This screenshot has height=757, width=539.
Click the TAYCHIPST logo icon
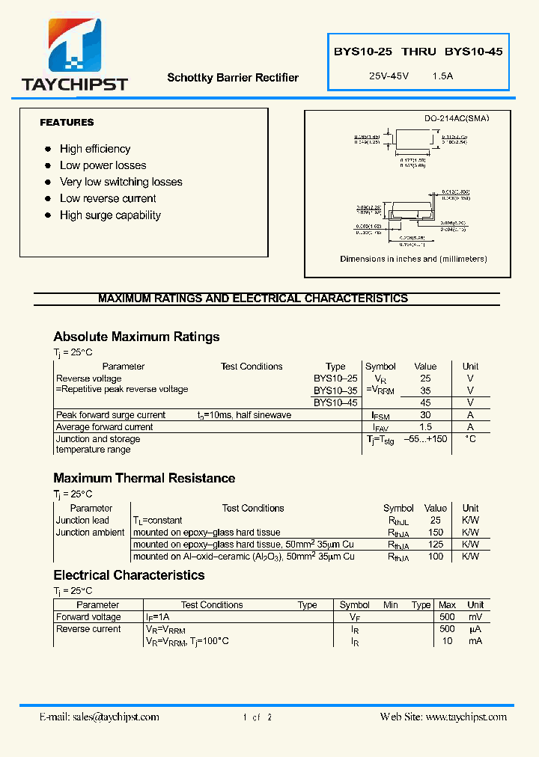[75, 46]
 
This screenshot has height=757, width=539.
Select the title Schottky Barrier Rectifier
[233, 78]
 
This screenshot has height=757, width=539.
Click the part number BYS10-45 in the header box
[473, 52]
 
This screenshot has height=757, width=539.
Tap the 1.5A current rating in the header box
[442, 76]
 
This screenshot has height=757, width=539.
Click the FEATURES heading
[67, 123]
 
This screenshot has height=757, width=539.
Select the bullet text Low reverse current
[108, 199]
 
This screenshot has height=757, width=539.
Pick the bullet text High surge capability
[110, 215]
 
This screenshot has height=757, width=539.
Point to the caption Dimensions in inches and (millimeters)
[413, 259]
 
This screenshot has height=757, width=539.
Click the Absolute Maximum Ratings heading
[136, 337]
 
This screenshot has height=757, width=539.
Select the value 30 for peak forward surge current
[425, 415]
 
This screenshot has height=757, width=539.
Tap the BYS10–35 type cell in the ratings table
[335, 390]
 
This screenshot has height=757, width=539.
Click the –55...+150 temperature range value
[425, 439]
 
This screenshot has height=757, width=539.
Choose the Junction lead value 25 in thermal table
[435, 521]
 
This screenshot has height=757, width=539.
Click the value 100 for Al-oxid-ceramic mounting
[435, 557]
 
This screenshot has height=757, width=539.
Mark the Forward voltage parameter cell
[88, 617]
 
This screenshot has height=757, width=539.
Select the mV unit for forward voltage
[475, 617]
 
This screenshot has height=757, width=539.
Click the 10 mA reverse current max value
[447, 641]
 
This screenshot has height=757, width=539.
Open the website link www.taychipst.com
[466, 717]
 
